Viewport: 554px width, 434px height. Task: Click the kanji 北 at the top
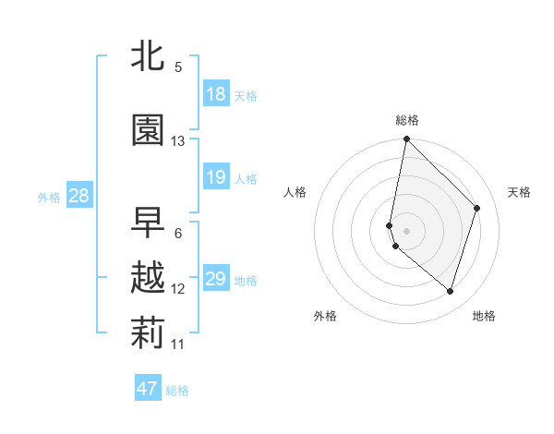pos(148,55)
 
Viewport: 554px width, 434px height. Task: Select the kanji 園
pos(148,131)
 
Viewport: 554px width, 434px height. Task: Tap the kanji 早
pos(148,222)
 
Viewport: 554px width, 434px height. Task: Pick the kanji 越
pos(148,278)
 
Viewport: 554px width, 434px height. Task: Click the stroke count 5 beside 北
pos(178,67)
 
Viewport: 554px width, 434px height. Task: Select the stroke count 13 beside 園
pos(178,141)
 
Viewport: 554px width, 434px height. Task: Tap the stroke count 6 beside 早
pos(178,234)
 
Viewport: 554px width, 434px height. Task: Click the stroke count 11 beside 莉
pos(178,344)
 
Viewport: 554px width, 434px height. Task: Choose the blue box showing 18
pos(216,94)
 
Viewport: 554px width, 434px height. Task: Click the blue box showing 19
pos(216,177)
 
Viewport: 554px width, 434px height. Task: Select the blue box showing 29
pos(216,279)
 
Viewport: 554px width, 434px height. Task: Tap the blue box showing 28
pos(78,196)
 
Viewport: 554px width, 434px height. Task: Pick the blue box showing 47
pos(148,389)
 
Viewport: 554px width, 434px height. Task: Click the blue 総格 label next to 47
pos(178,391)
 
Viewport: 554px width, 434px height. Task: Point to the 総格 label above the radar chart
pos(407,120)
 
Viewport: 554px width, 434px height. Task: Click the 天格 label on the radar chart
pos(520,192)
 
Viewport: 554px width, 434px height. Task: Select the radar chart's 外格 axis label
pos(325,316)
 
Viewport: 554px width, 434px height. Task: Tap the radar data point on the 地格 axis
pos(450,292)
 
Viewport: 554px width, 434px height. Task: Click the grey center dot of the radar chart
pos(407,230)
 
